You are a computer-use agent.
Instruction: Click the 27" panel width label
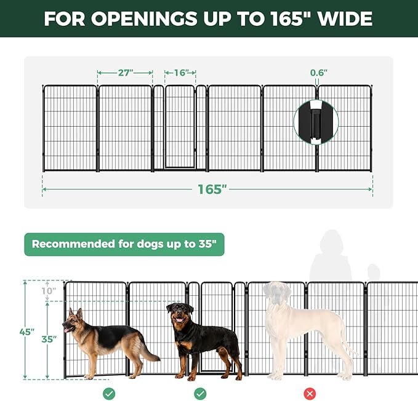125,73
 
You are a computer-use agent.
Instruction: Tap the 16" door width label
180,73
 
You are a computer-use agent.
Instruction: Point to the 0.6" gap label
318,73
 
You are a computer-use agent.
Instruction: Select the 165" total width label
209,189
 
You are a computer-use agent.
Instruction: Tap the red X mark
310,393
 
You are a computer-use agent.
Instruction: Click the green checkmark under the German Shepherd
109,393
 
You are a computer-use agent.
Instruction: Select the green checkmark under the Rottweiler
200,393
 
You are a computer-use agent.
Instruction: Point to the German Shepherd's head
74,320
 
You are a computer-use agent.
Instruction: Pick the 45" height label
26,332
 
